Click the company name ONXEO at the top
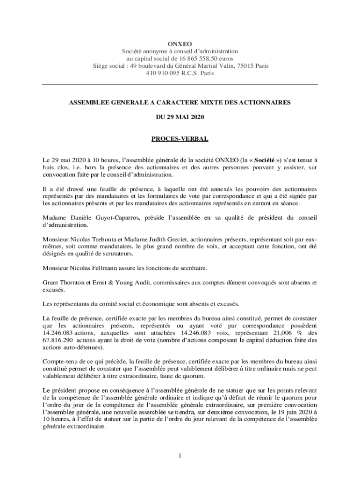pos(180,43)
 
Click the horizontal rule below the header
pos(180,84)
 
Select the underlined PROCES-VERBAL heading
pos(180,139)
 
